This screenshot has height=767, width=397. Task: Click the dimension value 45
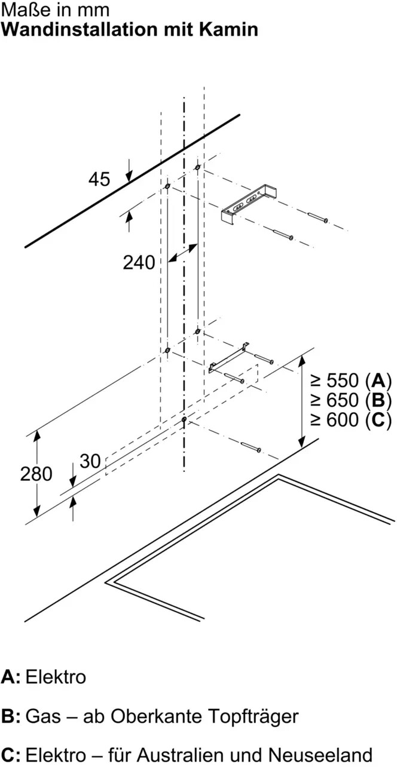[x=99, y=179]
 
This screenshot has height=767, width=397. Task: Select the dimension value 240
[x=139, y=263]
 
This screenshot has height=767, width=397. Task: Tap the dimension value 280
[x=36, y=474]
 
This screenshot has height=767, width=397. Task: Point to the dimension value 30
[x=90, y=461]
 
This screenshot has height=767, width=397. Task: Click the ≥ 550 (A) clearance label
[x=351, y=381]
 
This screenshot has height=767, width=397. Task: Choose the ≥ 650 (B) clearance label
[x=351, y=400]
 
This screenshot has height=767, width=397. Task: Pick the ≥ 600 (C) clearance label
[x=351, y=420]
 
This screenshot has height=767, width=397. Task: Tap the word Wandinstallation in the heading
[x=80, y=29]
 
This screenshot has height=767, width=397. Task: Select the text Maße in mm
[x=56, y=10]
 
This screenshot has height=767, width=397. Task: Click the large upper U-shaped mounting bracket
[x=249, y=205]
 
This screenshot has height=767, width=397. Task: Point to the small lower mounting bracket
[x=228, y=358]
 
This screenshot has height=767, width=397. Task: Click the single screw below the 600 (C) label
[x=251, y=446]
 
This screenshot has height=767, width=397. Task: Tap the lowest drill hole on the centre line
[x=184, y=419]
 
